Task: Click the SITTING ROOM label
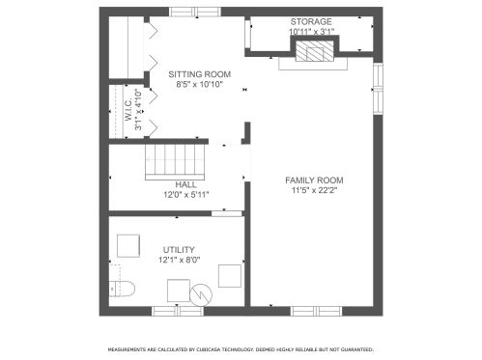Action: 200,74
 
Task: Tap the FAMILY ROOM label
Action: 314,180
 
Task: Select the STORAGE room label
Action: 311,21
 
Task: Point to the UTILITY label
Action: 179,250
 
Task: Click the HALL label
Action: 185,184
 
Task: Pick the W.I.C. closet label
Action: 128,110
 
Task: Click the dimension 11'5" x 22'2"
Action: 314,190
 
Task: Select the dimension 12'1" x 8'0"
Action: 180,260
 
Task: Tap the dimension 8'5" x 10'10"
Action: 200,85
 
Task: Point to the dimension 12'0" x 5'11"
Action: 186,195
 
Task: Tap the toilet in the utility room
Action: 122,289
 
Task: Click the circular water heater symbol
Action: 201,294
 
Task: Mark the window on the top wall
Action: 195,12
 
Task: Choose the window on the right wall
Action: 378,89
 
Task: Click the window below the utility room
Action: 178,311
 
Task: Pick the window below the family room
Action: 316,311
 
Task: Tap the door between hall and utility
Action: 227,213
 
